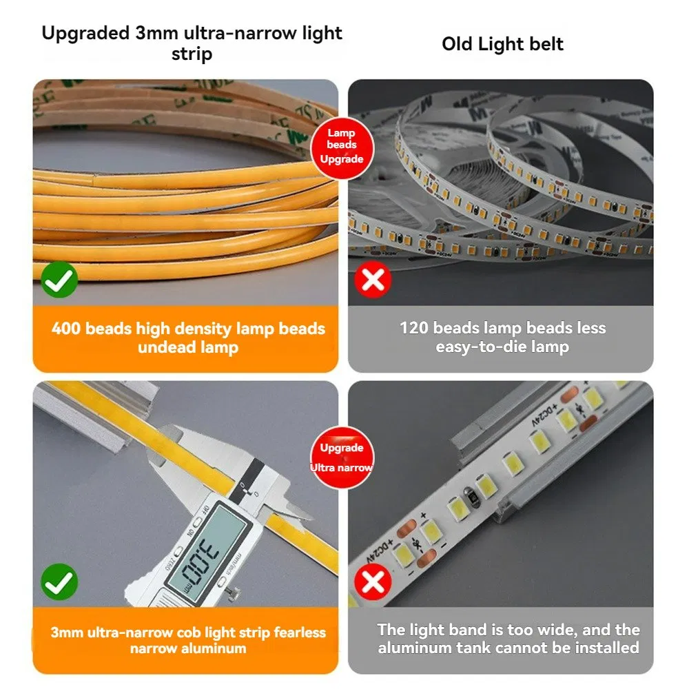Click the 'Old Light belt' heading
coord(502,45)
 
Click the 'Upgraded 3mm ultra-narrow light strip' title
coord(192,43)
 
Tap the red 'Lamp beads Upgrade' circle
coord(342,145)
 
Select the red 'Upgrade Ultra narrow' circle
coord(342,457)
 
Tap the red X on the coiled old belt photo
coord(373,280)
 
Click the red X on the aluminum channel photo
coord(373,582)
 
